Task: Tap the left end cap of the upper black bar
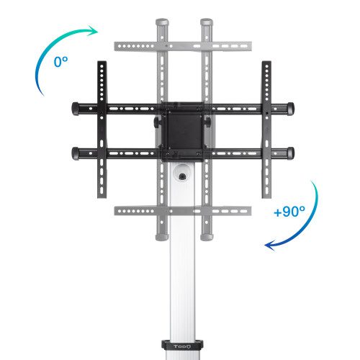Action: pyautogui.click(x=76, y=108)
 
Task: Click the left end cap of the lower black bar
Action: pyautogui.click(x=76, y=152)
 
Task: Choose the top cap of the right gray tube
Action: pyautogui.click(x=206, y=22)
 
